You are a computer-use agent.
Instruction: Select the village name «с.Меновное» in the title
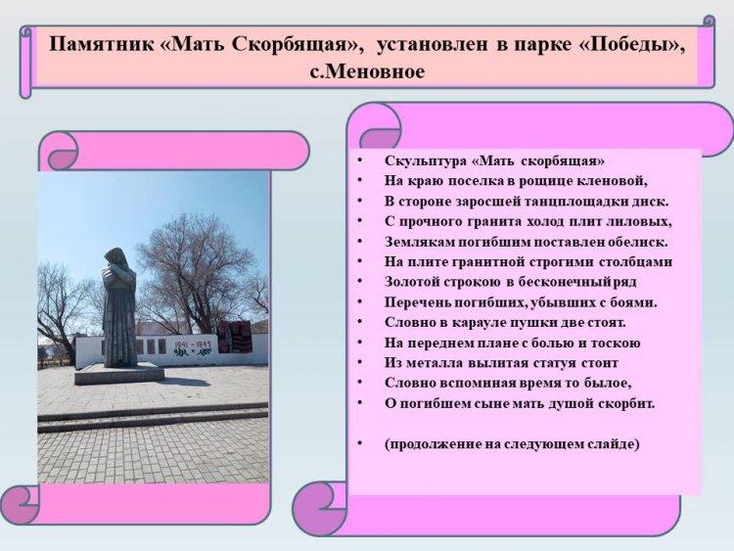[367, 71]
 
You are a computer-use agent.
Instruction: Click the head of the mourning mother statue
[114, 257]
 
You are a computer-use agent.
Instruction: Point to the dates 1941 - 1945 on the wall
[193, 345]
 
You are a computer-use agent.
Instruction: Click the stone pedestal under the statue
[119, 373]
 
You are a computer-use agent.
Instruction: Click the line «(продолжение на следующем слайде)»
[512, 443]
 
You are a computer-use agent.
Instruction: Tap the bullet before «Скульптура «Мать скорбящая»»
[359, 161]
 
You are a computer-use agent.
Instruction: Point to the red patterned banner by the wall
[235, 336]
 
